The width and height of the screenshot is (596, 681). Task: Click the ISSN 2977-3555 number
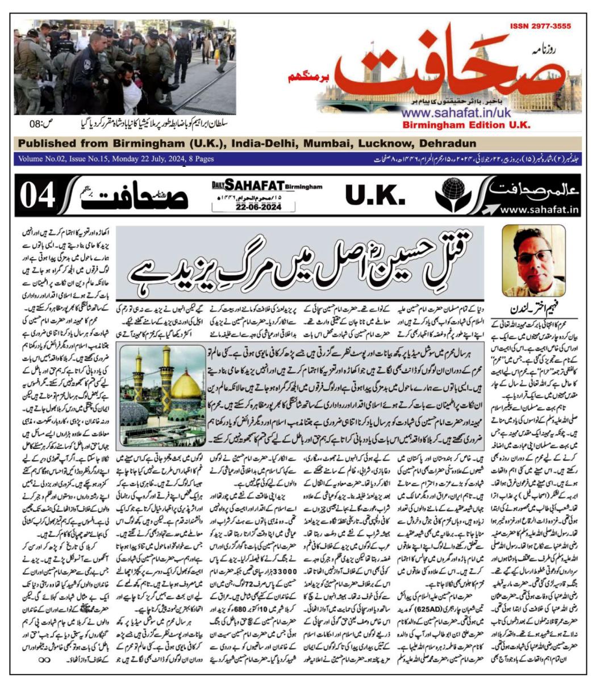click(x=540, y=26)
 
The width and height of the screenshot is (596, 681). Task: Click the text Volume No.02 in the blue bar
click(x=44, y=159)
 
